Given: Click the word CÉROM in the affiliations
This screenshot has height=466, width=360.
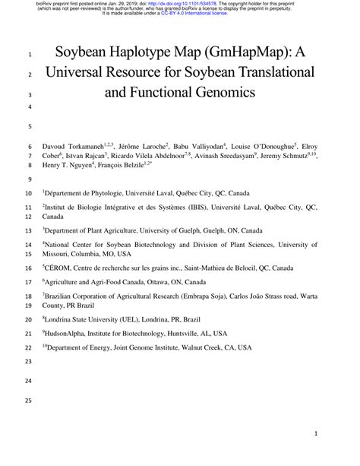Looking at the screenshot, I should pyautogui.click(x=59, y=268).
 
